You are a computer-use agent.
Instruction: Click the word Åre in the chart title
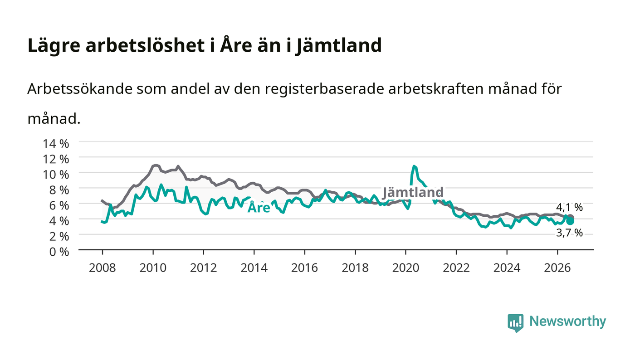pyautogui.click(x=236, y=45)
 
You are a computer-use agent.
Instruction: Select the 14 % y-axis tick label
pyautogui.click(x=56, y=144)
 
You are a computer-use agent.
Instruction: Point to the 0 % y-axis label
pyautogui.click(x=59, y=252)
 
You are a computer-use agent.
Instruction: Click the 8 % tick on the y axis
pyautogui.click(x=59, y=190)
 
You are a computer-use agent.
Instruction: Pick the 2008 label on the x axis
pyautogui.click(x=103, y=268)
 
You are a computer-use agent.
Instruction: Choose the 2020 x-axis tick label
pyautogui.click(x=405, y=268)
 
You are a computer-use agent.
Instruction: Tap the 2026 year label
pyautogui.click(x=557, y=268)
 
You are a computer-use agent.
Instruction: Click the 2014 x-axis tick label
pyautogui.click(x=254, y=268)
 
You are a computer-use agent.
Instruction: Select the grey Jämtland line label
pyautogui.click(x=413, y=193)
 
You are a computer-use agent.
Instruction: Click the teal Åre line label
pyautogui.click(x=259, y=208)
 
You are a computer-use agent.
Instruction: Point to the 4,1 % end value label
pyautogui.click(x=569, y=207)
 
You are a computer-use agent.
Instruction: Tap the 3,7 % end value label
pyautogui.click(x=569, y=233)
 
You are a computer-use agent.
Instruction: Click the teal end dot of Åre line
pyautogui.click(x=570, y=221)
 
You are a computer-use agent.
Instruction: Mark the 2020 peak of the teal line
pyautogui.click(x=414, y=166)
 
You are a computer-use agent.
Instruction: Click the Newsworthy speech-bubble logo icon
pyautogui.click(x=515, y=323)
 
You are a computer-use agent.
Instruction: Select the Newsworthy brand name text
pyautogui.click(x=568, y=321)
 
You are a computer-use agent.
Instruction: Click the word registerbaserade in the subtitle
pyautogui.click(x=324, y=89)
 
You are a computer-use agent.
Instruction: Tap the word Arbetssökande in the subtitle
pyautogui.click(x=80, y=89)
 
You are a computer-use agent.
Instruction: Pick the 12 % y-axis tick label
pyautogui.click(x=56, y=159)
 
